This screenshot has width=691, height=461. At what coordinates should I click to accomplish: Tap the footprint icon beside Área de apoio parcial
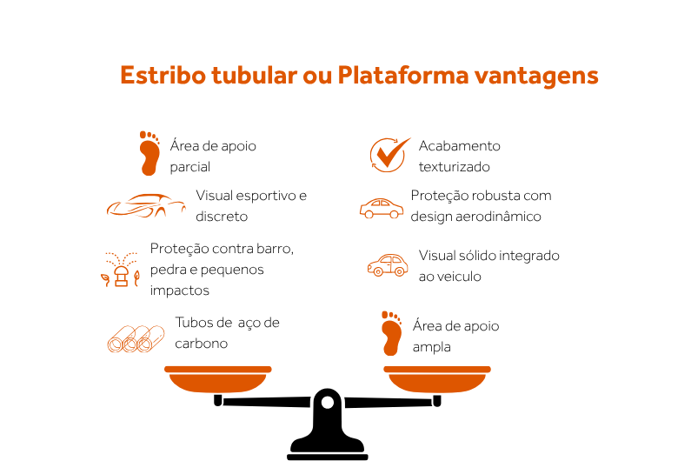pos(150,154)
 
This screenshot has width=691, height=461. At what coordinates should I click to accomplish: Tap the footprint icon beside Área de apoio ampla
pos(392,333)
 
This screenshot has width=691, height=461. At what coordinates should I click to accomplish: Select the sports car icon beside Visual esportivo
pos(146,205)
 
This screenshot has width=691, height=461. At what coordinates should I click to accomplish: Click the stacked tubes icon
pos(136,337)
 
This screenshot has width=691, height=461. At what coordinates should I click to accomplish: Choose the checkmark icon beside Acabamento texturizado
pos(389,154)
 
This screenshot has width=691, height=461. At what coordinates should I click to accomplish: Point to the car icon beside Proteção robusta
pos(382,208)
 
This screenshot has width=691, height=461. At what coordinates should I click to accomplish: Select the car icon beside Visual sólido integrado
pos(388,265)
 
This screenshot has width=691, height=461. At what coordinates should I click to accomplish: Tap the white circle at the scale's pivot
pos(328,403)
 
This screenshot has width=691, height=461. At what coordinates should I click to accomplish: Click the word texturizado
pos(454,167)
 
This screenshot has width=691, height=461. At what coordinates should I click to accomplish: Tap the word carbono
pos(201,344)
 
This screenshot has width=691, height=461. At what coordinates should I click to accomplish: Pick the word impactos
pos(179,291)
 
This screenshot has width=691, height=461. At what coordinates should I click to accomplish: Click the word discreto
pos(222,217)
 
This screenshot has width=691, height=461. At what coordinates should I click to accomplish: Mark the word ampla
pos(432,347)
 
